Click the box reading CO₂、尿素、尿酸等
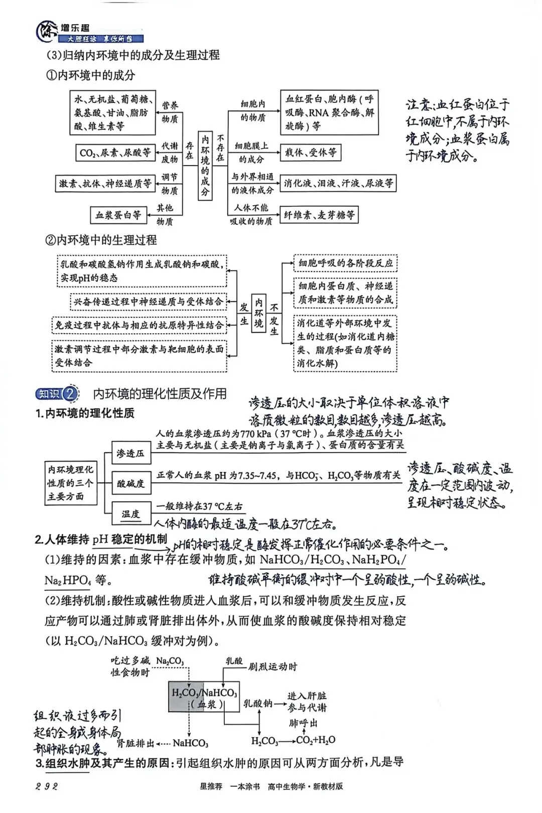point(115,153)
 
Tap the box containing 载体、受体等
point(311,152)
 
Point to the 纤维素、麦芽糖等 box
point(319,215)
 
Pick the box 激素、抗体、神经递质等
point(105,184)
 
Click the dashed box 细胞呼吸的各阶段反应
point(345,263)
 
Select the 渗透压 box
point(130,453)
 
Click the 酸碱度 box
point(130,483)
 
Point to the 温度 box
point(130,513)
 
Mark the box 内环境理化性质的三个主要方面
point(70,483)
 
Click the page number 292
point(47,786)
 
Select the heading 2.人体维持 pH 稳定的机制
point(101,539)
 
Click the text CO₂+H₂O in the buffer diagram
point(316,740)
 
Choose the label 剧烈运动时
point(273,667)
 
